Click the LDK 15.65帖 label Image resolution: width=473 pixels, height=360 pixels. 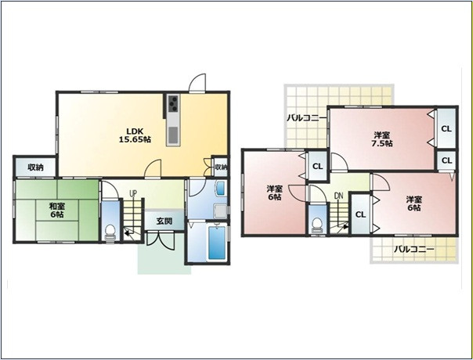coord(135,135)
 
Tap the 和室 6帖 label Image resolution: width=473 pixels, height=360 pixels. coord(57,211)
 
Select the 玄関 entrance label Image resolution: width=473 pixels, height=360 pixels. coord(164,221)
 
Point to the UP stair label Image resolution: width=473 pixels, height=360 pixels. coord(132,193)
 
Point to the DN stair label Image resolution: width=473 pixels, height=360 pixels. coord(339,196)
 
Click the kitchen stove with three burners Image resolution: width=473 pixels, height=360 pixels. coord(173,103)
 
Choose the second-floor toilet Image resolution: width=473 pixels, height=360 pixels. coord(316,225)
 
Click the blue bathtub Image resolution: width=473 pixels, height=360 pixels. coord(217,243)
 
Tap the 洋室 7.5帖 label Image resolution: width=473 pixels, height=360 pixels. coord(382,139)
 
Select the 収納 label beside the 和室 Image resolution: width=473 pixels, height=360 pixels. coord(35,167)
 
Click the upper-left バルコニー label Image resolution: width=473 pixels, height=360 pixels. coord(306,117)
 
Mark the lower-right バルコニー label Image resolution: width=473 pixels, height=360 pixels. coord(414,249)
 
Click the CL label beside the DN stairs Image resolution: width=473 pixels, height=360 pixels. coord(360,214)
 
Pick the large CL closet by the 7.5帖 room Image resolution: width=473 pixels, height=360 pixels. coord(446,129)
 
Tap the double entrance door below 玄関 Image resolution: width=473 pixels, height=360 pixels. coord(161,241)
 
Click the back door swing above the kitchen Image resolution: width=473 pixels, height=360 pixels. coord(197,83)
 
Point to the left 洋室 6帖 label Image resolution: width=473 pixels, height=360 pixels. coord(275,193)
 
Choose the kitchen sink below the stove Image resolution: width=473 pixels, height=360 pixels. coord(173,135)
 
